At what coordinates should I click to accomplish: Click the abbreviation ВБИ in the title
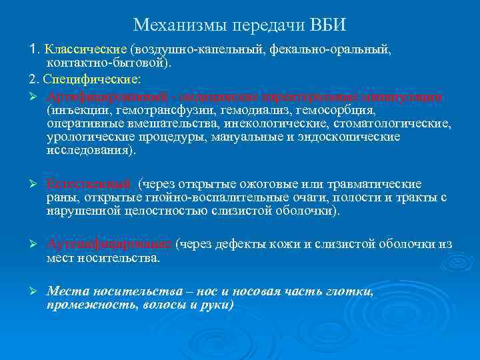tap(329, 25)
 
